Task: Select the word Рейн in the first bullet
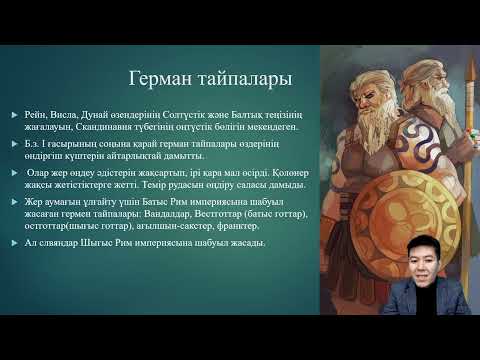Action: coord(37,116)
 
